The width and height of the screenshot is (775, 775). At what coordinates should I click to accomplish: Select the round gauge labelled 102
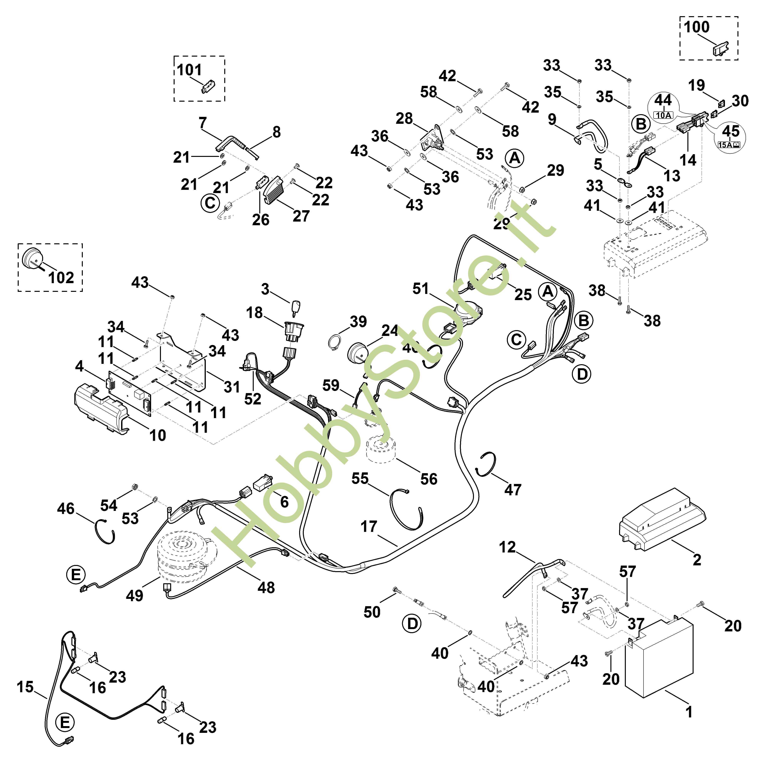(x=30, y=258)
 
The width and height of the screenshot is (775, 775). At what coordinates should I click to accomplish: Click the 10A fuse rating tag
(x=663, y=115)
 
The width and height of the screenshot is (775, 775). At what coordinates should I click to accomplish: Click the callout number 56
(x=429, y=479)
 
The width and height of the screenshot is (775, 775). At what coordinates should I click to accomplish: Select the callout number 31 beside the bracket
(x=232, y=387)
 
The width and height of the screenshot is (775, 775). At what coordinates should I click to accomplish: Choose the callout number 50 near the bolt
(x=372, y=612)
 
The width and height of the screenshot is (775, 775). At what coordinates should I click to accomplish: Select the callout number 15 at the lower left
(x=25, y=687)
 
